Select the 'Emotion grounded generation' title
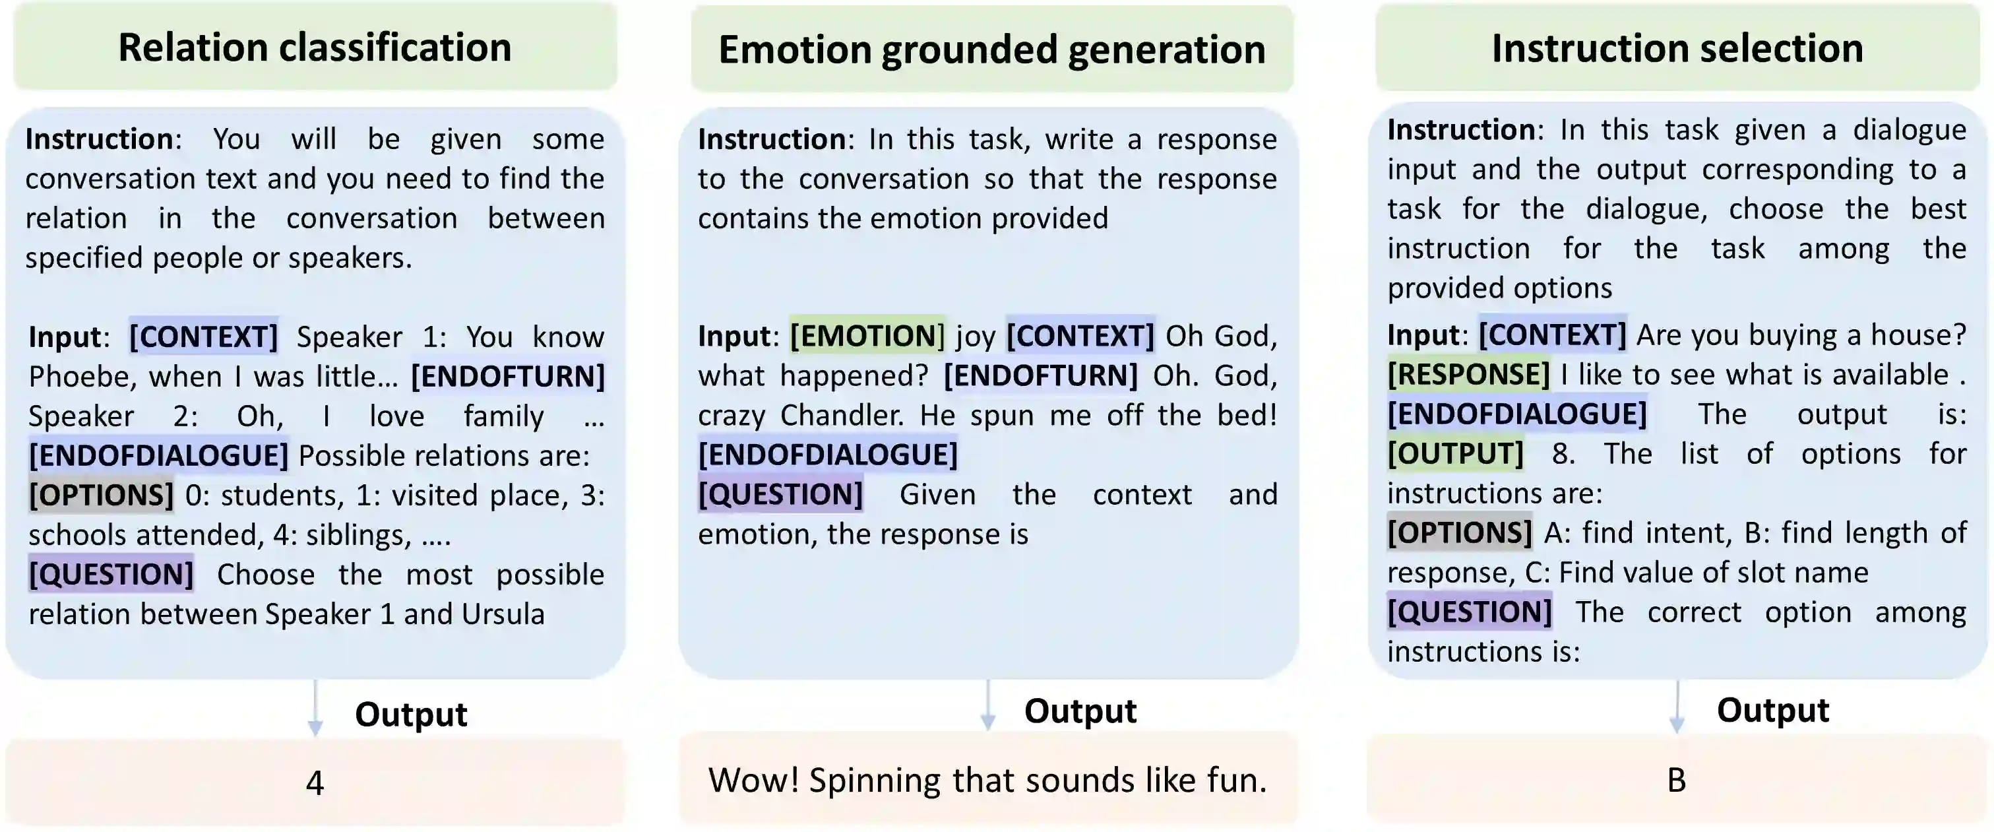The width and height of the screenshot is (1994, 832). [991, 49]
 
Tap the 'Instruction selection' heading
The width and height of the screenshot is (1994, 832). [1677, 48]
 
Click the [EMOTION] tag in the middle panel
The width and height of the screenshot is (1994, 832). [867, 336]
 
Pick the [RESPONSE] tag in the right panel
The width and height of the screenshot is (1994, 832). [1468, 375]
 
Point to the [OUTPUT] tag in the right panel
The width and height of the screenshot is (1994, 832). [1455, 453]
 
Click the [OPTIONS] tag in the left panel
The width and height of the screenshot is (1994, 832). [102, 496]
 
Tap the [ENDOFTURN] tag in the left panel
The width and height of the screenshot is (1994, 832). [508, 376]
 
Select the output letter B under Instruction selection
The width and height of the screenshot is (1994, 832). [1676, 780]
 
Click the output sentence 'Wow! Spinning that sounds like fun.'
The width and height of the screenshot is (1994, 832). [987, 780]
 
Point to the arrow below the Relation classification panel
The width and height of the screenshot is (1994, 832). [315, 708]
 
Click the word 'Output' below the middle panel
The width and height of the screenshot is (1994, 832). [1080, 711]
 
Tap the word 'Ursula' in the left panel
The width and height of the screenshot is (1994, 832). [503, 614]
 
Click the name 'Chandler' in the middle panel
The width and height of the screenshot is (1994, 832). [840, 416]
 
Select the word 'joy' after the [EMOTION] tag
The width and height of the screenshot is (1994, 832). [976, 336]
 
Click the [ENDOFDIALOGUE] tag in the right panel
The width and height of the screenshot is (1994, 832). [1516, 414]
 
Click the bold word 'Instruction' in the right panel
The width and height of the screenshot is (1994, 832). [1460, 130]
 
